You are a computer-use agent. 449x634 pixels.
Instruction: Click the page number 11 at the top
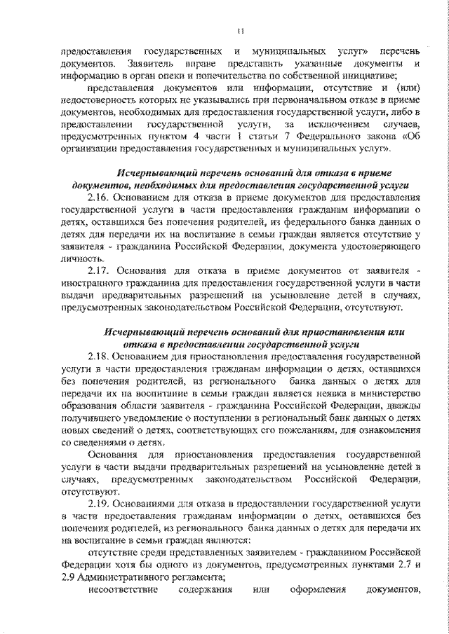[x=240, y=29]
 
